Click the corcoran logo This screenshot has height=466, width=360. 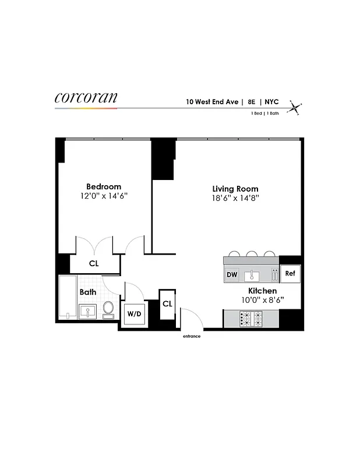(86, 97)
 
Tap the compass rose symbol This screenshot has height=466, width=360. (297, 107)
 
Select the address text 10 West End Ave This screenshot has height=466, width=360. (212, 101)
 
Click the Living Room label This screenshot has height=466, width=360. (235, 189)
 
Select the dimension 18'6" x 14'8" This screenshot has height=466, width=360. (235, 198)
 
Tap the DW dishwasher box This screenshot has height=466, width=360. (231, 274)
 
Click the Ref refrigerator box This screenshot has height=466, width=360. (290, 273)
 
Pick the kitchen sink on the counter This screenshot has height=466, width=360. (252, 274)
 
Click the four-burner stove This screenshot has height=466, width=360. (251, 319)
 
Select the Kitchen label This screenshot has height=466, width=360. (262, 291)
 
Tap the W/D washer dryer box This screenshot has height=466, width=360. (133, 313)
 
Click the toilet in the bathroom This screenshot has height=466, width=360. (108, 309)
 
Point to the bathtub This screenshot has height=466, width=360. (68, 298)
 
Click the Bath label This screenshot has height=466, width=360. (88, 292)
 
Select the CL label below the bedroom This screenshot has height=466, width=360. (94, 263)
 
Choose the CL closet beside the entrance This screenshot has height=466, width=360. (167, 303)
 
